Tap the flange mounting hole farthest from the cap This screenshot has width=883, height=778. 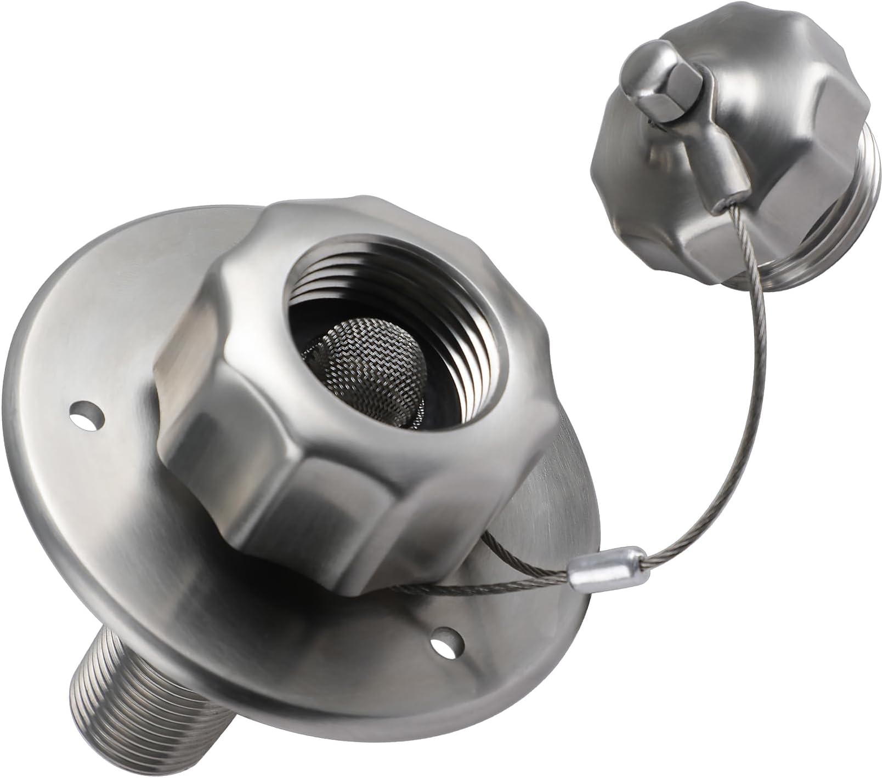coord(87,411)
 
